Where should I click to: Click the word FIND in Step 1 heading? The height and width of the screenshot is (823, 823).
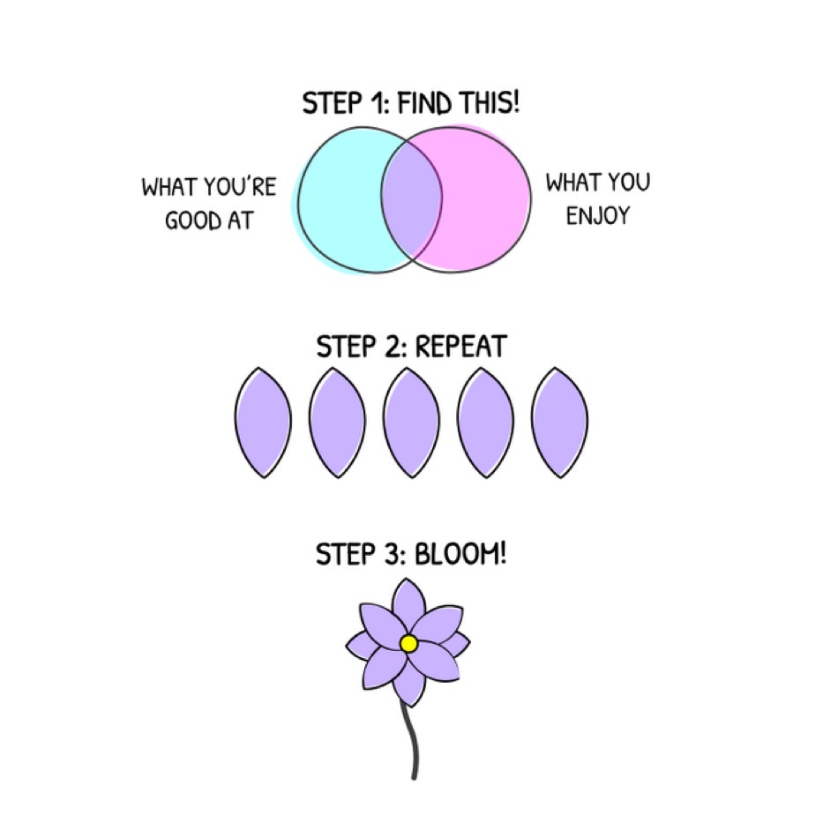(423, 103)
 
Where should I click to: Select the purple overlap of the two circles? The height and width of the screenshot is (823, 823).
(411, 200)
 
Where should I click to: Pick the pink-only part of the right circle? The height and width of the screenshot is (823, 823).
(485, 200)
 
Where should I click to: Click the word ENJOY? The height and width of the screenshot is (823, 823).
(598, 215)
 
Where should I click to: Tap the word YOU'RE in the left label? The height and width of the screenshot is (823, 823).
(239, 187)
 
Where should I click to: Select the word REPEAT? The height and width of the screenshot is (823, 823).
(460, 347)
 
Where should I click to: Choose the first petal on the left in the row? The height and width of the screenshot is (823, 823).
(264, 423)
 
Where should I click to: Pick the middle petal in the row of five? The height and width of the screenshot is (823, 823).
(411, 423)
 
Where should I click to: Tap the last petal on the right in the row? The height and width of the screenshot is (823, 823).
(559, 423)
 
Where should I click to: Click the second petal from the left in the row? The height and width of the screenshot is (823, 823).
(338, 423)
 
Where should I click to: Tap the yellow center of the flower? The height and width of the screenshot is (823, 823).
(408, 644)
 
